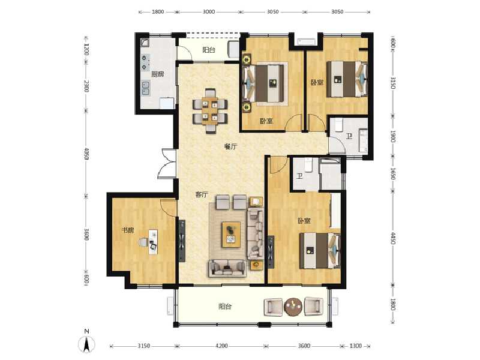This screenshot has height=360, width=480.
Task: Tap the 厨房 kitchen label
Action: click(x=158, y=74)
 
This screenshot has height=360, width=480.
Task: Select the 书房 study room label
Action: click(x=127, y=230)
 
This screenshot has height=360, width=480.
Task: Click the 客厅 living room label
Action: click(x=202, y=194)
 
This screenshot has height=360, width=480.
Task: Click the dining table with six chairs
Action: click(x=210, y=110)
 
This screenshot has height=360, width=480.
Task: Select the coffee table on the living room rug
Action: click(x=232, y=233)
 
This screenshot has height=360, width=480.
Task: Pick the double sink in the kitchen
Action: click(x=145, y=90)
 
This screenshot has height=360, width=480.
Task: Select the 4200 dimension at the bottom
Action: click(x=221, y=346)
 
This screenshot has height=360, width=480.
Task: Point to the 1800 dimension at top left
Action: click(x=158, y=11)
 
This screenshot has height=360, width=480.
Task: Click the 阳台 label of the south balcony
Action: click(x=225, y=307)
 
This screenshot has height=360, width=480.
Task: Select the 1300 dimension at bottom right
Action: click(x=356, y=346)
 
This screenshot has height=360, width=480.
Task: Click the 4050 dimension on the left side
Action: click(x=86, y=154)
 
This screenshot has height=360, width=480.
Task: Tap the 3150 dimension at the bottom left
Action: click(x=142, y=346)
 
